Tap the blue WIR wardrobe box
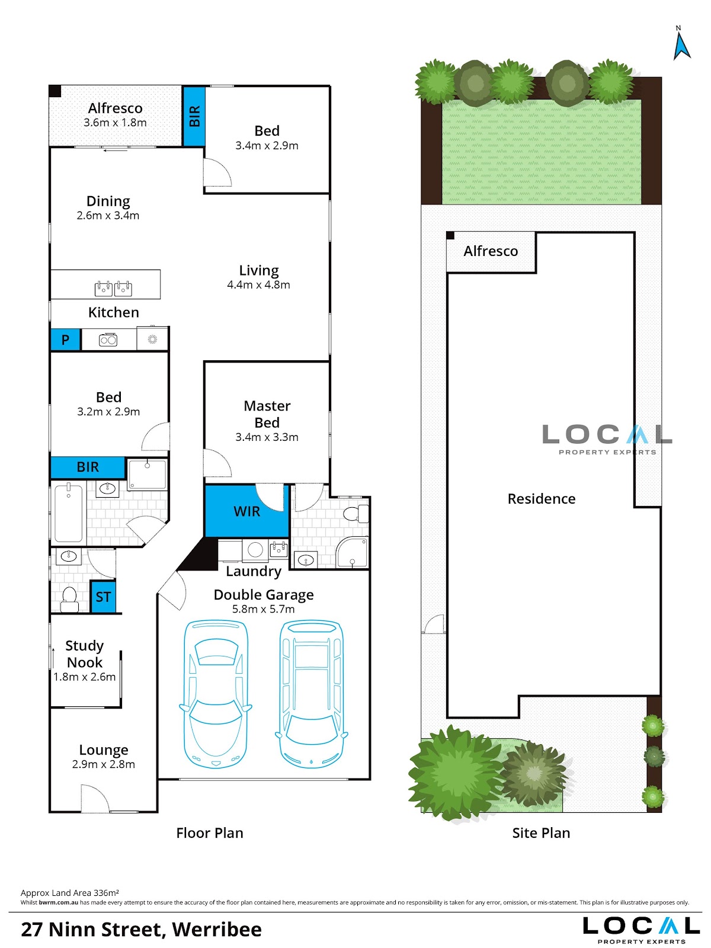246,511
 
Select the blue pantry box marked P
66,340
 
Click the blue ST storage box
103,597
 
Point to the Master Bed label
267,414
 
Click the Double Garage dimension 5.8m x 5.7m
263,609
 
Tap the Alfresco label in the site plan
491,251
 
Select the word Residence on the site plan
542,499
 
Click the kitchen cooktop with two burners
108,340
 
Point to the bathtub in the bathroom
68,514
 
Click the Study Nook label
85,654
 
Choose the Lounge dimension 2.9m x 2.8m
104,764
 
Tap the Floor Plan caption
210,833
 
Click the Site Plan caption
541,833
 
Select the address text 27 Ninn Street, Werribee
141,930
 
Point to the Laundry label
254,571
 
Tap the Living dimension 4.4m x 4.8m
258,284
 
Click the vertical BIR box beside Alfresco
194,116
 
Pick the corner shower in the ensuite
352,552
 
